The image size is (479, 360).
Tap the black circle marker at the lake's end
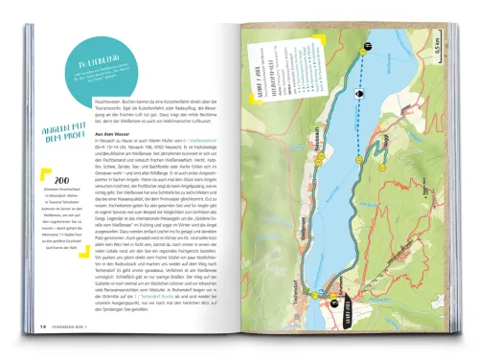(367, 47)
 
